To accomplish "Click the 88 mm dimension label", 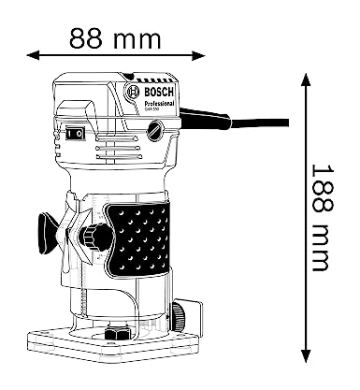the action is pos(115,39).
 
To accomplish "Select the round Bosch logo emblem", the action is pos(132,94).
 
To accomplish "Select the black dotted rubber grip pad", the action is pos(140,241).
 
